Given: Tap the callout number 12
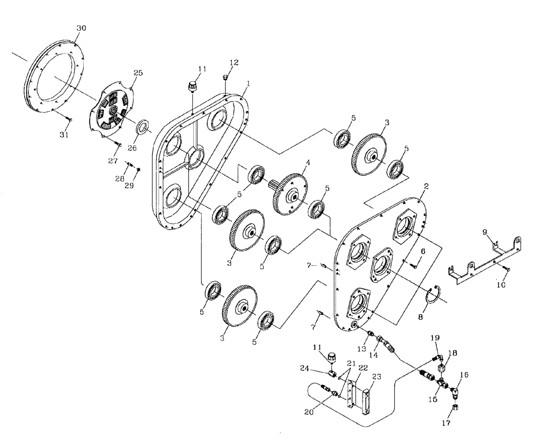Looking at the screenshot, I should [x=232, y=62].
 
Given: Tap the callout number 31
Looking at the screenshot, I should [x=64, y=135].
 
